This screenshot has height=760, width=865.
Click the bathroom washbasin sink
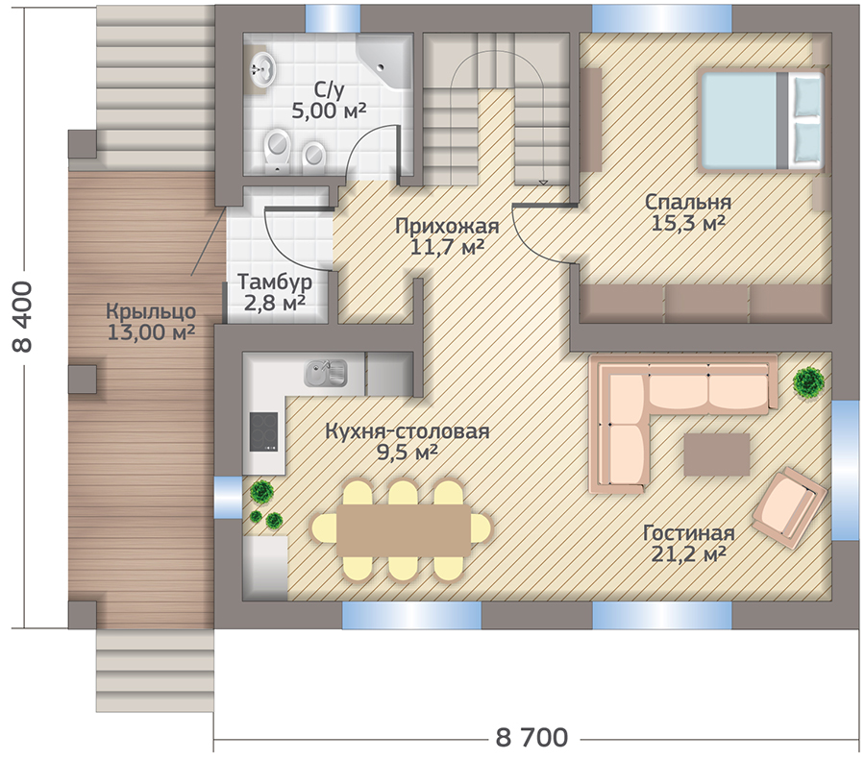[261, 70]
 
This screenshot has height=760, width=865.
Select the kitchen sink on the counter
[326, 373]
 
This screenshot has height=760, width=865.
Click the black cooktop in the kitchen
[263, 431]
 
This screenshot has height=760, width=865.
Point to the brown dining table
[405, 529]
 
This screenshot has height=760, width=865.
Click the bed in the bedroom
[762, 120]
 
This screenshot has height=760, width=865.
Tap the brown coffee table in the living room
[717, 454]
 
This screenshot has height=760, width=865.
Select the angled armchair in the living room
[789, 507]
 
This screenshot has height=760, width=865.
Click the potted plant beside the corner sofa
[808, 380]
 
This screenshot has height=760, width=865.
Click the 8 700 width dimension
[531, 737]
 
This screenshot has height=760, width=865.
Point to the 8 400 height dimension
[23, 317]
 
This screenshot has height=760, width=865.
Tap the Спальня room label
[688, 202]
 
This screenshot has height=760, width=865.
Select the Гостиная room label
[688, 533]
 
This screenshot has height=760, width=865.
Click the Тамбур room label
[275, 282]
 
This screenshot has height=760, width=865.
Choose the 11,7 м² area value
[447, 247]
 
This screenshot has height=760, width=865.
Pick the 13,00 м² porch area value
[150, 332]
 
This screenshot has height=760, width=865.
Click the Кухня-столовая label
[408, 430]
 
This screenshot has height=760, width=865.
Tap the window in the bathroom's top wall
[333, 18]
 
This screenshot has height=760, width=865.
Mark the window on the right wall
[845, 471]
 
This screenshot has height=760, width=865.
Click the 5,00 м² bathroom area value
[329, 110]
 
